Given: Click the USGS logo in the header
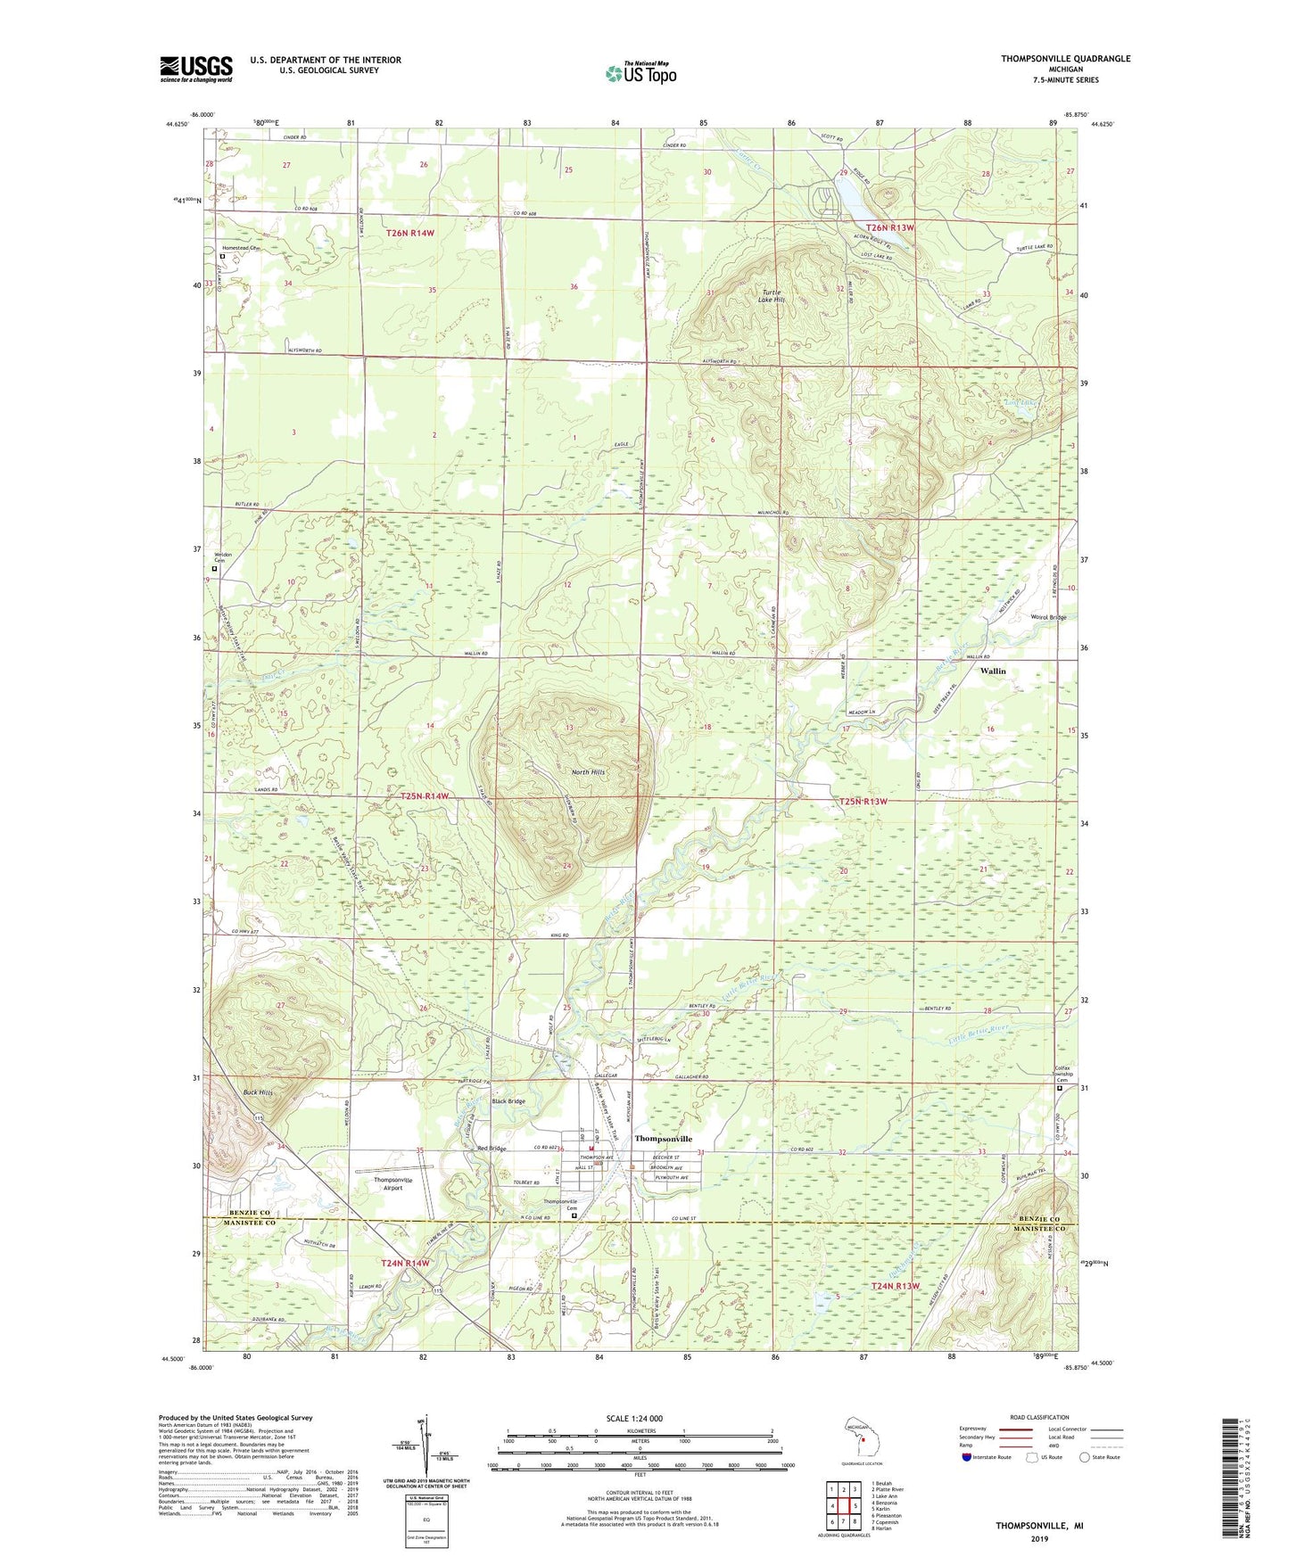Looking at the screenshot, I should [196, 69].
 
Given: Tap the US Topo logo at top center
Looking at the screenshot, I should [640, 73].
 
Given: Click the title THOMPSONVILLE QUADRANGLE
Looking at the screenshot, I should [1065, 59].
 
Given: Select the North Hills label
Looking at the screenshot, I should [588, 771].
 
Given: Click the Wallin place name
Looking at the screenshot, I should [993, 671].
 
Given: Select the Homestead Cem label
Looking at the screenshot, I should [241, 248].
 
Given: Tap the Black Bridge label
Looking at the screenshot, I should [508, 1101].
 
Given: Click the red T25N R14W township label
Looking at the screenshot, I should [424, 795].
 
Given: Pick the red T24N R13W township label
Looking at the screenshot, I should [895, 1286].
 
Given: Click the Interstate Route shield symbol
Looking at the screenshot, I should [968, 1457].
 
